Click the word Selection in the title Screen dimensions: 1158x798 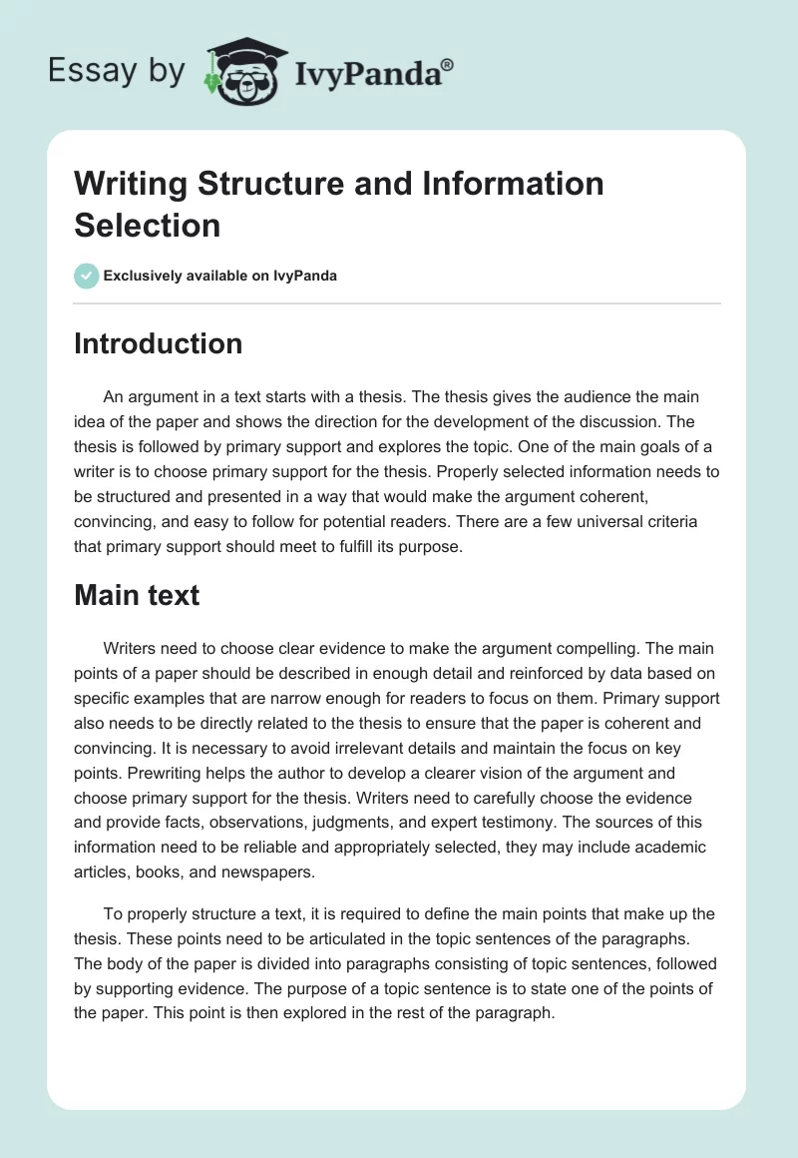coord(147,225)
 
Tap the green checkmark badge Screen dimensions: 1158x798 coord(86,276)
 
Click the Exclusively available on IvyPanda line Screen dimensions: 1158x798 coord(220,276)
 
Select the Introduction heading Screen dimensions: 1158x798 coord(159,343)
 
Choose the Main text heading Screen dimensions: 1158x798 coord(137,595)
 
